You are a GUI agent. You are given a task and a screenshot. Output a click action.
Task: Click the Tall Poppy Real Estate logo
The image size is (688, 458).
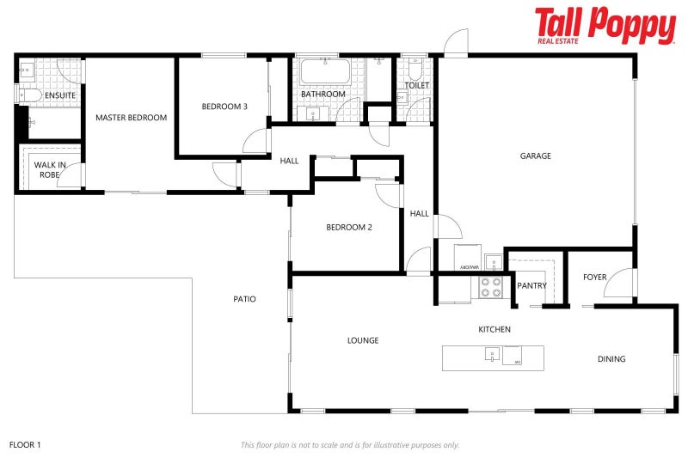tap(605, 25)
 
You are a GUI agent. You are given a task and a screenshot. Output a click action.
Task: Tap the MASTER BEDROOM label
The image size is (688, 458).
tap(131, 118)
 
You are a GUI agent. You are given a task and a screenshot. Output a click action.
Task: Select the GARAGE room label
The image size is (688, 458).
tap(535, 156)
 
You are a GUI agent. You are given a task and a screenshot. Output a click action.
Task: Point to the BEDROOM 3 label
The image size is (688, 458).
tap(224, 107)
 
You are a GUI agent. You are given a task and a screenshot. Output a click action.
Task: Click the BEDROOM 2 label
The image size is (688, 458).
tap(348, 228)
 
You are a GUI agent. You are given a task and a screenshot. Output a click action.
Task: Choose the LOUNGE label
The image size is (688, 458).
tap(363, 340)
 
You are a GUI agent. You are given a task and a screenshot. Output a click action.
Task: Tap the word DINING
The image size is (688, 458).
tap(611, 359)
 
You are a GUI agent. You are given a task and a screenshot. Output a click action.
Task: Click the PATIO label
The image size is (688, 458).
tap(244, 299)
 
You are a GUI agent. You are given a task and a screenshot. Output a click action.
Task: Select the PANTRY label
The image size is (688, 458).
tap(532, 286)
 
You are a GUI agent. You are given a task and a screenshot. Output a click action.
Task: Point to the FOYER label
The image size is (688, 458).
tap(594, 278)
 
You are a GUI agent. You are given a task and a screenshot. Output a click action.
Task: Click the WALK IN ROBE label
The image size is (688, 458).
tap(50, 169)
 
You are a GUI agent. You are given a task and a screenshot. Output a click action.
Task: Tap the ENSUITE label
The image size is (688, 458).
tap(60, 95)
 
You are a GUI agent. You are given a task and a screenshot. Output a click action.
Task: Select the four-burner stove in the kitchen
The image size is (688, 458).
tap(491, 287)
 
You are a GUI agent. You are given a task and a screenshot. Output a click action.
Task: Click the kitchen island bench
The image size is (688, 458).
tap(493, 357)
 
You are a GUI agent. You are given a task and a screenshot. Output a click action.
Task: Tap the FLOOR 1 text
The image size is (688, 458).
tap(25, 445)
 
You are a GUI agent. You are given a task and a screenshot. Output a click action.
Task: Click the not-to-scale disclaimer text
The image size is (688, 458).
tap(349, 445)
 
